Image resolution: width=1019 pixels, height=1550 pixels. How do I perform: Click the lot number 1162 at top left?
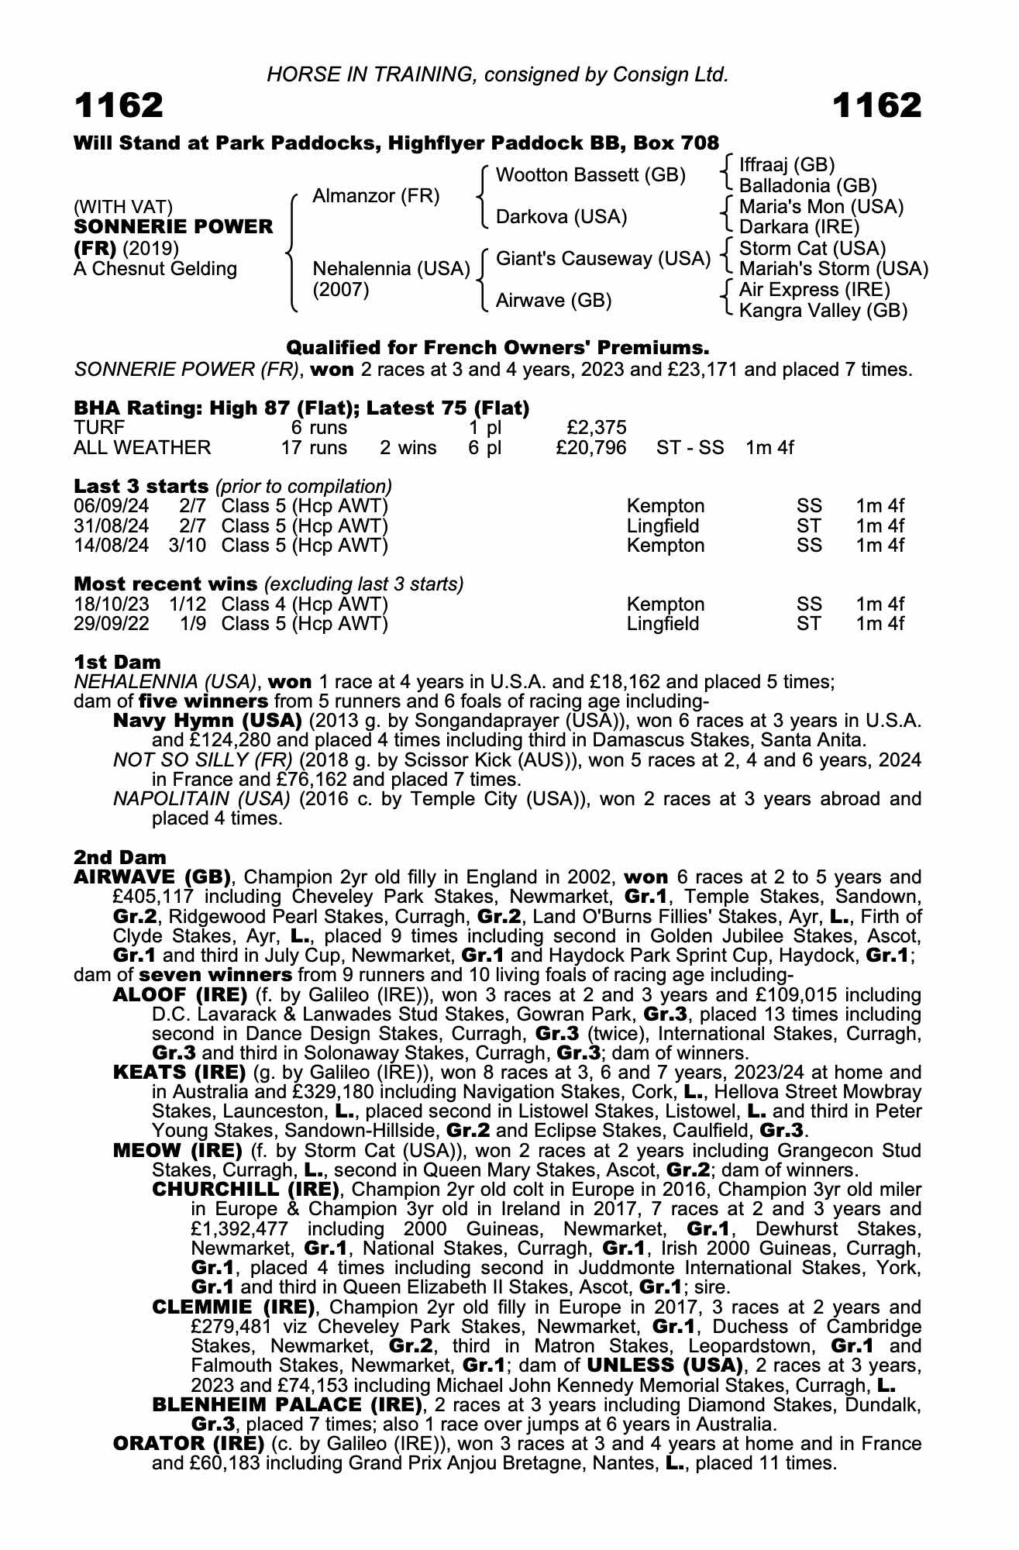tap(119, 105)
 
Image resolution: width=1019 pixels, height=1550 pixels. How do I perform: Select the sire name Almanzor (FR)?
tap(376, 196)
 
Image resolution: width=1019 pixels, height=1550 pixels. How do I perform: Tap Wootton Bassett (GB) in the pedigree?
tap(590, 175)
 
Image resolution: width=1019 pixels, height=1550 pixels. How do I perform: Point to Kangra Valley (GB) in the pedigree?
tap(823, 311)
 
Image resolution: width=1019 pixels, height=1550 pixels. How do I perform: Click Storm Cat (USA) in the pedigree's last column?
tap(812, 249)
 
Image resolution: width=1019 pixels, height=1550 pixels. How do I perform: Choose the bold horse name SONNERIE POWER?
tap(174, 227)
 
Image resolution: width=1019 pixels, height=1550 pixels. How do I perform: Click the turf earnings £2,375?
tap(597, 428)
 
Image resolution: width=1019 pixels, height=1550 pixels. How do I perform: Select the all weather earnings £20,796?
tap(591, 448)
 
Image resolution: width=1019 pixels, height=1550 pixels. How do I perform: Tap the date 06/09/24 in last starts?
tap(111, 507)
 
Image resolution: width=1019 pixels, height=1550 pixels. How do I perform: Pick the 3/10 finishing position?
tap(187, 546)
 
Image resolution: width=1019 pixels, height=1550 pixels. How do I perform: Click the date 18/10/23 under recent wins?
tap(111, 604)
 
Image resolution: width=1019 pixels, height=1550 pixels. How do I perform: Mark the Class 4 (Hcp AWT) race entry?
tap(305, 604)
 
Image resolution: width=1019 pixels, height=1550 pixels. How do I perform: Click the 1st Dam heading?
tap(117, 663)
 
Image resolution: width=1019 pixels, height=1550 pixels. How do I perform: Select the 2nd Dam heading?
tap(119, 858)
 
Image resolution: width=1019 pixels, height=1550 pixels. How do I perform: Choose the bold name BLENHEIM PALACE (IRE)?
tap(287, 1405)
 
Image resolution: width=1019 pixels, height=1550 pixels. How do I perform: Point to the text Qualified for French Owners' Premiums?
tap(497, 347)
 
